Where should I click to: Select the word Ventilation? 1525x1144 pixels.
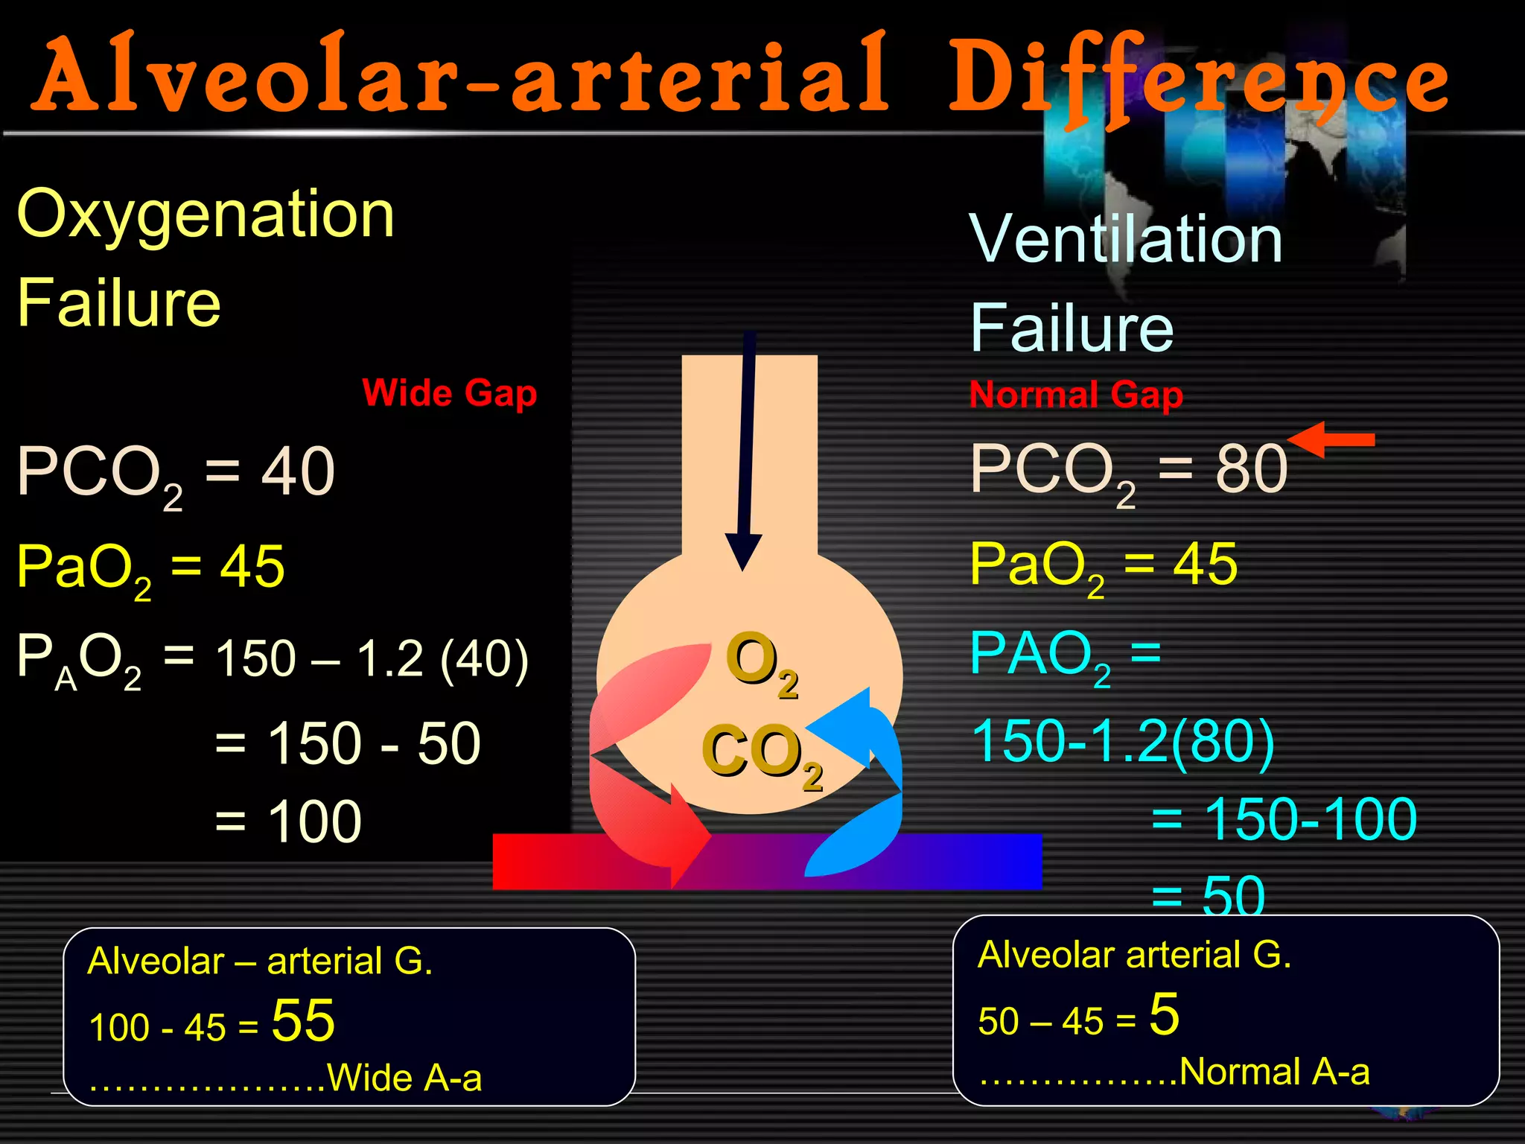1126,239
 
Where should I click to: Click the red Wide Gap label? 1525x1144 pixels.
449,393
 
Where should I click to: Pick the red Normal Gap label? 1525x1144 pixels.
1076,395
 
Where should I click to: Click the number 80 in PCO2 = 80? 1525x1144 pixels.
1251,469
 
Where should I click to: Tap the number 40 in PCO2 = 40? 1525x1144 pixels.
298,471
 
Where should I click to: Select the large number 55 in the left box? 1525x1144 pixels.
303,1020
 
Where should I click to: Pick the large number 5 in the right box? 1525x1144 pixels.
1164,1014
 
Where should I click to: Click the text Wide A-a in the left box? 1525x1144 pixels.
404,1078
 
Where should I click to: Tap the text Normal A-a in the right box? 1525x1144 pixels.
1274,1072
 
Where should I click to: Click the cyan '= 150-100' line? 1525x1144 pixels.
1284,819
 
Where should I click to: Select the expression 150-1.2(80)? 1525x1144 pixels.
1123,741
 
